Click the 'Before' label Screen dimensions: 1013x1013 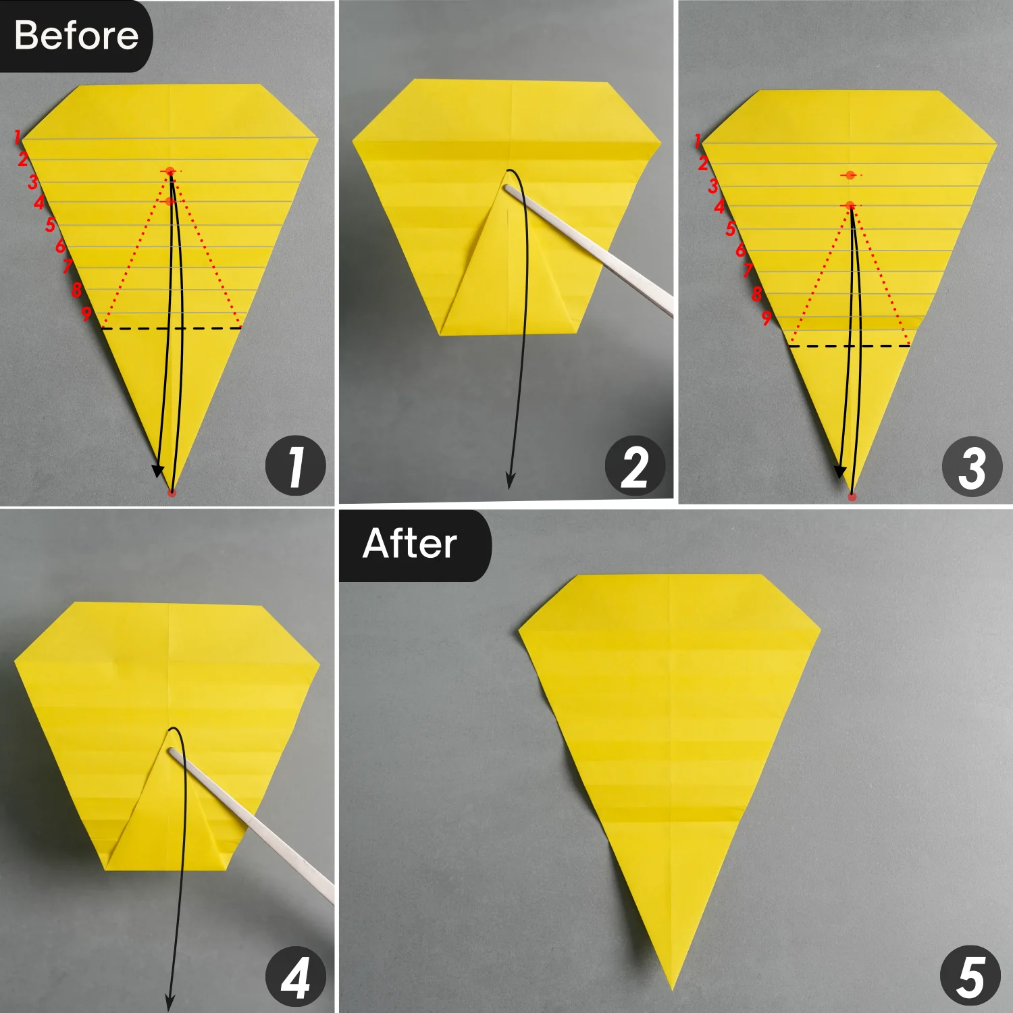pyautogui.click(x=76, y=36)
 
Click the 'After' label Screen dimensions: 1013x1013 pyautogui.click(x=410, y=544)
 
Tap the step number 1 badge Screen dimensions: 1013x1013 pyautogui.click(x=295, y=466)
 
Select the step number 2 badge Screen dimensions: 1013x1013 pyautogui.click(x=635, y=466)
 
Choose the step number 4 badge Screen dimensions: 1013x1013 pyautogui.click(x=295, y=977)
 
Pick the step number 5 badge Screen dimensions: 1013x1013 pyautogui.click(x=970, y=977)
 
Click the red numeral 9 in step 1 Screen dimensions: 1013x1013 pyautogui.click(x=86, y=313)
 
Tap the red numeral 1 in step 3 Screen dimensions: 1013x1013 pyautogui.click(x=698, y=141)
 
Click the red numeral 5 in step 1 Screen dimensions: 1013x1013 pyautogui.click(x=50, y=224)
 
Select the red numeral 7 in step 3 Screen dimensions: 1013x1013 pyautogui.click(x=748, y=271)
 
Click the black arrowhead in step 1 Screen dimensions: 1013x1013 pyautogui.click(x=157, y=471)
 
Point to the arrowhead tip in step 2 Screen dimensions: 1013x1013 pyautogui.click(x=510, y=488)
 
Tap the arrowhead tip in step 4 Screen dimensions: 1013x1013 pyautogui.click(x=169, y=1010)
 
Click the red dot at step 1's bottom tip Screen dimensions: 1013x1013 pyautogui.click(x=172, y=493)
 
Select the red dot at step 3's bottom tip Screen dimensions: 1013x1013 pyautogui.click(x=852, y=496)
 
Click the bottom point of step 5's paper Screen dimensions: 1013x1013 pyautogui.click(x=672, y=990)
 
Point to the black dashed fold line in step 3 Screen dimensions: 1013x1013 pyautogui.click(x=850, y=346)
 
